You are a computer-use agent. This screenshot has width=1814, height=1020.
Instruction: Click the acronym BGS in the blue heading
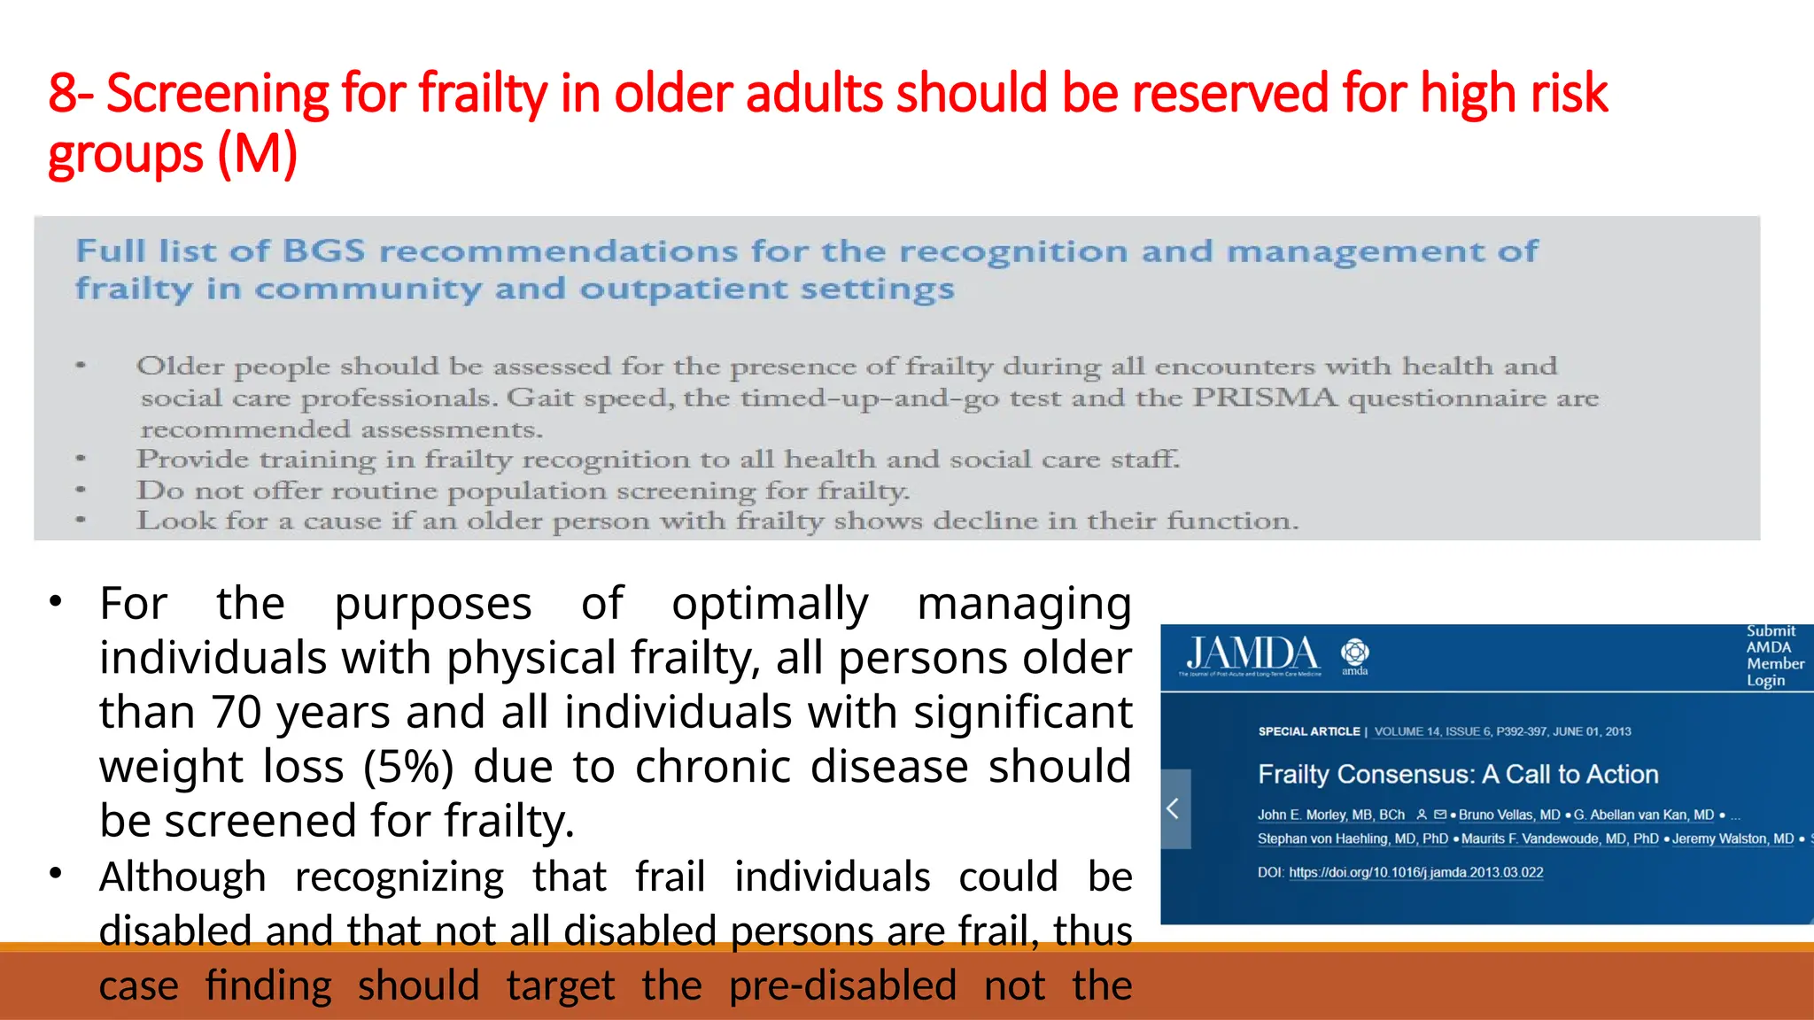point(323,251)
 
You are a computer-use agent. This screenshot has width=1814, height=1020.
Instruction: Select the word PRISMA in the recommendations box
point(1264,398)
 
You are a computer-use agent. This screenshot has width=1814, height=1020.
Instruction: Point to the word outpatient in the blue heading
point(683,290)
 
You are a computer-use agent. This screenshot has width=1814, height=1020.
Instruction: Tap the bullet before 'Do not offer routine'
point(81,490)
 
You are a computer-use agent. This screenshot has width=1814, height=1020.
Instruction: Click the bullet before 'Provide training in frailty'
point(81,459)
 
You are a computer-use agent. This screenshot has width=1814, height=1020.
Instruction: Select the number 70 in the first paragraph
point(238,712)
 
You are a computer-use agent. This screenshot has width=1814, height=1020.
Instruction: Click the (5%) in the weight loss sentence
point(407,767)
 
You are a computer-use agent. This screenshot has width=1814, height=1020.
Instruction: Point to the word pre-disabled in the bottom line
point(842,985)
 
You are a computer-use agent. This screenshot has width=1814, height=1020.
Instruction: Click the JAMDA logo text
point(1252,653)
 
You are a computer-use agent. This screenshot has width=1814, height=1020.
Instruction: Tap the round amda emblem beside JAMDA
point(1354,653)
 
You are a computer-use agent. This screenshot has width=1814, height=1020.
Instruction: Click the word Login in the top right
point(1764,680)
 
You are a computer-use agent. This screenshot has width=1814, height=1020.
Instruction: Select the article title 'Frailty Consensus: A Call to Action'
point(1457,774)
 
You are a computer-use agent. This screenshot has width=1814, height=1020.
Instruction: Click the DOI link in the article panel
point(1415,872)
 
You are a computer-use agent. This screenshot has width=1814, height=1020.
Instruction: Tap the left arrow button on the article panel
point(1174,808)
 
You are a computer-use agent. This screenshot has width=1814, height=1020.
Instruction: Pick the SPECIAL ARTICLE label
point(1308,731)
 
